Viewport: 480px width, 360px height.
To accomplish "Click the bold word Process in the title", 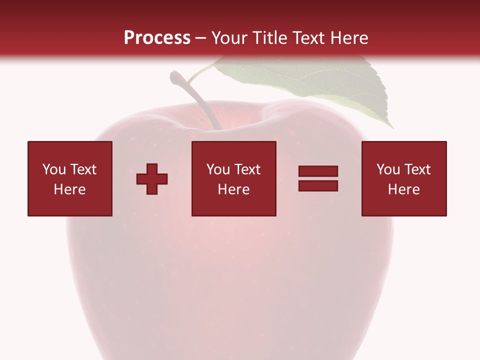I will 157,38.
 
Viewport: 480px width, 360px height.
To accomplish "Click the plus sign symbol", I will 152,178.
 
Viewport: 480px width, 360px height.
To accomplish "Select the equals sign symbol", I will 318,178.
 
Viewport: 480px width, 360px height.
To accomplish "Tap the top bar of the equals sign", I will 318,171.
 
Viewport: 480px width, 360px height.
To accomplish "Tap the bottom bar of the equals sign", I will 318,185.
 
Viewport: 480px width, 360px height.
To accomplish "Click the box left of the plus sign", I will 70,178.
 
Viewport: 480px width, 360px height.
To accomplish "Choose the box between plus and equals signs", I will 234,178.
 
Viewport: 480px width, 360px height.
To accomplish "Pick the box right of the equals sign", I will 404,178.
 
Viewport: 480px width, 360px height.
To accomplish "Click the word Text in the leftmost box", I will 83,169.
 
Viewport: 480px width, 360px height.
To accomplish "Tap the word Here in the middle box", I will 234,189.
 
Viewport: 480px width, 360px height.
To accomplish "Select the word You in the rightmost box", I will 388,169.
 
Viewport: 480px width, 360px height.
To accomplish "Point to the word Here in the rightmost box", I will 404,189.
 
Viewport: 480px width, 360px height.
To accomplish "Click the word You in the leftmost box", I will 54,169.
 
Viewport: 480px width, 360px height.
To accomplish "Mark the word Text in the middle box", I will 247,169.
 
